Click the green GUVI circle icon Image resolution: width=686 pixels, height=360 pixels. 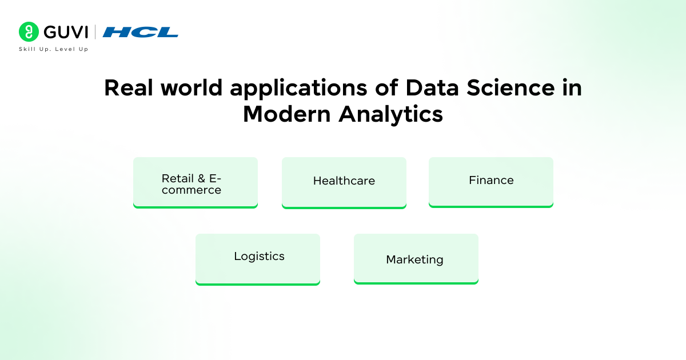click(x=28, y=32)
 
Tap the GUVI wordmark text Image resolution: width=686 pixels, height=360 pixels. click(x=63, y=32)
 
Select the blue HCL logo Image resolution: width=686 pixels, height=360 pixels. click(x=141, y=32)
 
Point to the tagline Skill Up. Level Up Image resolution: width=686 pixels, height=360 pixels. click(x=54, y=49)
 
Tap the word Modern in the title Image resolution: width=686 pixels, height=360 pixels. click(x=286, y=114)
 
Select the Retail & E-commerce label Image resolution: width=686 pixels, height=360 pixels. click(x=192, y=184)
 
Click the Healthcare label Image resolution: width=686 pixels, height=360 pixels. click(x=344, y=181)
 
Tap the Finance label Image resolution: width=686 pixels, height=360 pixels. click(x=491, y=181)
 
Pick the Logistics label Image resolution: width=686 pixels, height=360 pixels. click(x=259, y=257)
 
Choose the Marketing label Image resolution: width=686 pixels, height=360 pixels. click(x=414, y=260)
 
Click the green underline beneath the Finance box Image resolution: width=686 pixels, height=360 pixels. click(x=491, y=206)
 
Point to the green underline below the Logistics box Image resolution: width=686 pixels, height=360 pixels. click(x=258, y=283)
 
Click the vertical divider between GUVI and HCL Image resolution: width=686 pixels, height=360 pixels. click(x=95, y=32)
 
